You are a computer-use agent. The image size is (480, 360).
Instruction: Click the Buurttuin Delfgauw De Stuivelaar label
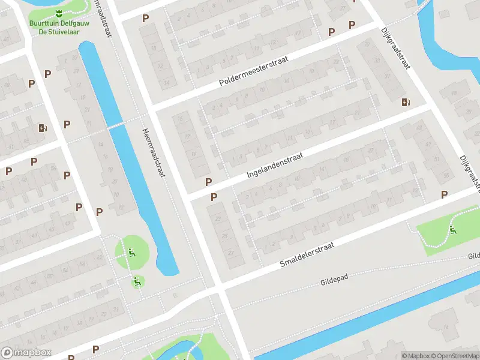tap(59, 28)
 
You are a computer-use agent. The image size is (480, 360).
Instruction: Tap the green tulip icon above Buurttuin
tap(59, 14)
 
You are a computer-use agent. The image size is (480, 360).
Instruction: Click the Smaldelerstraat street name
tap(314, 252)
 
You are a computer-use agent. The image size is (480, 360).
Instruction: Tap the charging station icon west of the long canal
tap(42, 127)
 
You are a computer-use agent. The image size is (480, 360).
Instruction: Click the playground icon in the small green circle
tap(138, 281)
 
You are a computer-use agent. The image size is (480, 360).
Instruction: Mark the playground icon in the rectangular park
tap(452, 229)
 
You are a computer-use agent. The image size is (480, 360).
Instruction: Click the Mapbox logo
tap(26, 353)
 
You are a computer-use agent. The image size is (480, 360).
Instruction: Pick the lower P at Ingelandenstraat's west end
tap(214, 197)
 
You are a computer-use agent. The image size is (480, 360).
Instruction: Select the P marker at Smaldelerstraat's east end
tap(445, 194)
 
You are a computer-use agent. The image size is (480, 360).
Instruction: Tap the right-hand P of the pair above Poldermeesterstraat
tap(352, 25)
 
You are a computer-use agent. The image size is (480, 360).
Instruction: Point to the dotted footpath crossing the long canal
tap(118, 125)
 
